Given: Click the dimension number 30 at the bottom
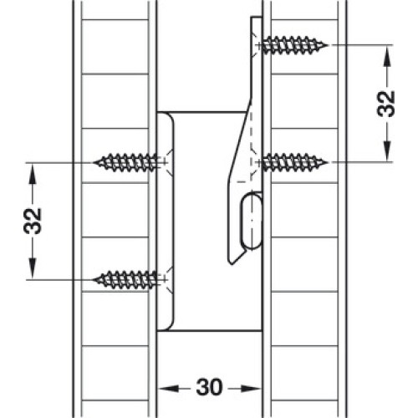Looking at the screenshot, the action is click(x=209, y=387).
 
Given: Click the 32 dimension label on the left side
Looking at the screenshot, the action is click(x=33, y=221).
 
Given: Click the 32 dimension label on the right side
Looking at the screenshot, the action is click(x=386, y=103).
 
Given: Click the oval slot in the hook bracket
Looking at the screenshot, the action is click(x=252, y=220).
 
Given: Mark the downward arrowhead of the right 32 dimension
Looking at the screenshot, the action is click(x=387, y=151).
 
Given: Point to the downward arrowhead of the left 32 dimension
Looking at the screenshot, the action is click(x=33, y=268).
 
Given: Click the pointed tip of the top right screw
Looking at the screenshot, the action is click(x=328, y=45).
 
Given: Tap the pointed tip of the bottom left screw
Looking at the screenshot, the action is click(x=94, y=279).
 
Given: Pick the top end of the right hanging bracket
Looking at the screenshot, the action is click(x=256, y=18).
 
